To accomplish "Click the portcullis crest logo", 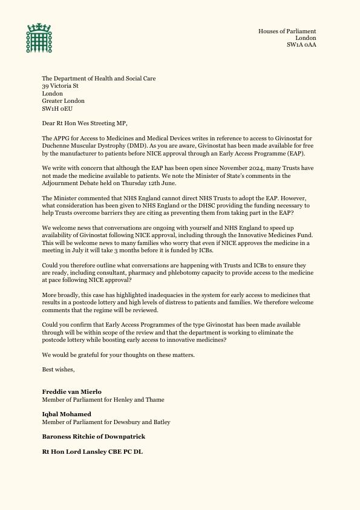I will [39, 38].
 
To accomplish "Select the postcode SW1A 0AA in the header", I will [301, 45].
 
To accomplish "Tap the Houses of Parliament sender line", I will [287, 31].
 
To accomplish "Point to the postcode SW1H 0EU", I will [57, 109].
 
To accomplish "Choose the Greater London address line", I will [63, 101].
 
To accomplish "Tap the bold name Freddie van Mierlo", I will [71, 391].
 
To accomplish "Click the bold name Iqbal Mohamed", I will [67, 414].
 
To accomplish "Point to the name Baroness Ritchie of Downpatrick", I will [93, 436].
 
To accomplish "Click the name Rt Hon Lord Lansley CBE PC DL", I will [93, 451].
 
